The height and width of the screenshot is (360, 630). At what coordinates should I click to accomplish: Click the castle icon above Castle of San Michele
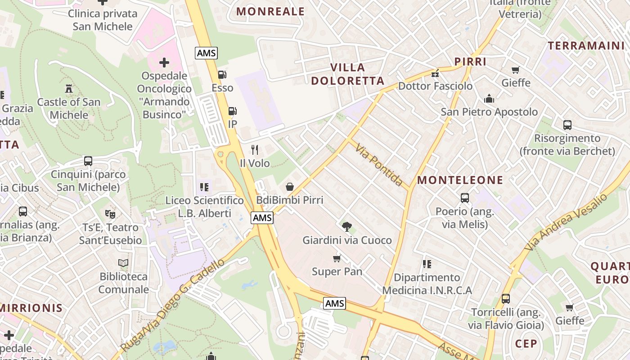pyautogui.click(x=69, y=88)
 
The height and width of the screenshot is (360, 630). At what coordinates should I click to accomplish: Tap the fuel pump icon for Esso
pyautogui.click(x=222, y=75)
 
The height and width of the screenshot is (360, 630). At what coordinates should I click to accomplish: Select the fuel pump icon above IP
pyautogui.click(x=232, y=111)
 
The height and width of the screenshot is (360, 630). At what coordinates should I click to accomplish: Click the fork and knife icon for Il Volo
pyautogui.click(x=255, y=150)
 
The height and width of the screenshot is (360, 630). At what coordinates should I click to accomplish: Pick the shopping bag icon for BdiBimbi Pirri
pyautogui.click(x=290, y=186)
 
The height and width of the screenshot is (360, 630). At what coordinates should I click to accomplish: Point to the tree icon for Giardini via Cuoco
pyautogui.click(x=346, y=227)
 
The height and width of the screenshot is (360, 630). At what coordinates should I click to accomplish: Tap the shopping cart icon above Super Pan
pyautogui.click(x=337, y=258)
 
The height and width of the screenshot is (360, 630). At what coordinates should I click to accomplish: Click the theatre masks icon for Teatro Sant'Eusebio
pyautogui.click(x=110, y=214)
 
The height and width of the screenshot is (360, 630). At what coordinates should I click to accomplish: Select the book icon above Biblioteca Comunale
pyautogui.click(x=123, y=262)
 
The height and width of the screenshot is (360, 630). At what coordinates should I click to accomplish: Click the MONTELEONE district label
pyautogui.click(x=460, y=180)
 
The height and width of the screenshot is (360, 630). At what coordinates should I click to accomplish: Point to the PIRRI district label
pyautogui.click(x=470, y=62)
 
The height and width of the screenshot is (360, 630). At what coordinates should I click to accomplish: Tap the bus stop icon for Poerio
pyautogui.click(x=465, y=198)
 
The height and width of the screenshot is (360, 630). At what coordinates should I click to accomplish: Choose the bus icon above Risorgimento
pyautogui.click(x=567, y=125)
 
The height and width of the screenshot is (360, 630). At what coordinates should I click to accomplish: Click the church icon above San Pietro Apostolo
pyautogui.click(x=489, y=99)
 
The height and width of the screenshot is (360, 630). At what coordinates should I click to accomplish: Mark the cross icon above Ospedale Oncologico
pyautogui.click(x=164, y=62)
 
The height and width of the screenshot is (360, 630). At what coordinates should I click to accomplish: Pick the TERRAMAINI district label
pyautogui.click(x=586, y=45)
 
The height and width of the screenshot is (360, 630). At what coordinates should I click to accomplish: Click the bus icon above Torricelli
pyautogui.click(x=506, y=299)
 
